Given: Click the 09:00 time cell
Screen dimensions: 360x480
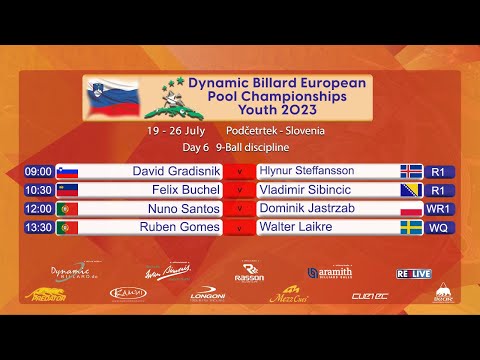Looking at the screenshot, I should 38,172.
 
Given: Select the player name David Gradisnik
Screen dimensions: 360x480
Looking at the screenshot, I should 176,172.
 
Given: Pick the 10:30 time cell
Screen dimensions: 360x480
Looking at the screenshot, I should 38,190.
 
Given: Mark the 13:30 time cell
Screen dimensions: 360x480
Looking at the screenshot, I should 38,227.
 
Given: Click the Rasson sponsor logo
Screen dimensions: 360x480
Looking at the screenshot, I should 249,272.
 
